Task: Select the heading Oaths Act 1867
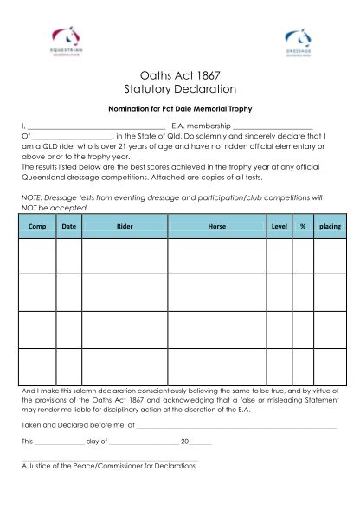pos(180,76)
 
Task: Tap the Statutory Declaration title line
pos(180,90)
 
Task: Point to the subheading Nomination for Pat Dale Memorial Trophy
pos(180,110)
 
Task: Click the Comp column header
pos(37,226)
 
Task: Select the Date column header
pos(68,226)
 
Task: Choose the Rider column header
pos(125,226)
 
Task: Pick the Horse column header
pos(216,226)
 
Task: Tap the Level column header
pos(279,226)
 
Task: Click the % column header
pos(303,226)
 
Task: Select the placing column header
pos(330,226)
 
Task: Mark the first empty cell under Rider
pos(125,255)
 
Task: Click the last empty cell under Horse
pos(216,366)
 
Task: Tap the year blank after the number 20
pos(201,443)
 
